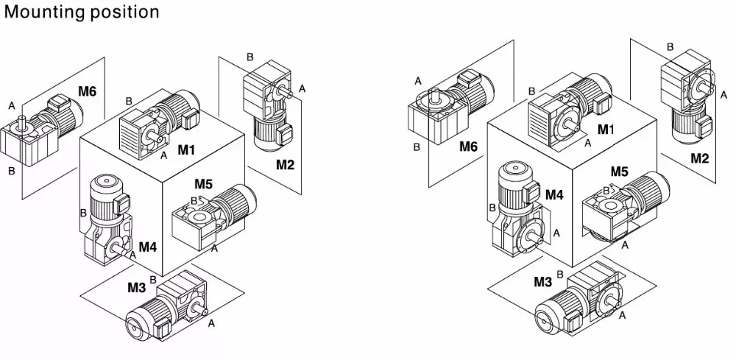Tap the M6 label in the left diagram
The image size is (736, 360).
coord(88,92)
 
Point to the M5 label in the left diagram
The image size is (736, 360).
coord(205,183)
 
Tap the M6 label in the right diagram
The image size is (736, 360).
coord(469,147)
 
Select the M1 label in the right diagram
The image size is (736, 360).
coord(606,130)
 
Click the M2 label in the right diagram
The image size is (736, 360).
coord(700,158)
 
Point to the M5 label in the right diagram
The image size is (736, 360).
coord(619,172)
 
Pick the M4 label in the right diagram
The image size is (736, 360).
coord(554,194)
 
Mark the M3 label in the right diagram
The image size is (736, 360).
coord(543,281)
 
